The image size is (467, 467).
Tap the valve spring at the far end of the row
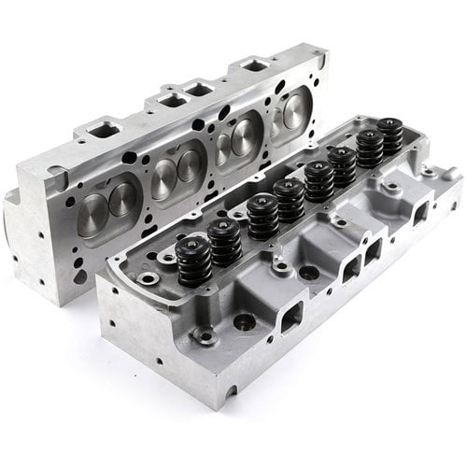pos(390,134)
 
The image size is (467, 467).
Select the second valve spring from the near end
pos(225,242)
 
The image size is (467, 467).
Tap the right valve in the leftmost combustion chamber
pos(122,197)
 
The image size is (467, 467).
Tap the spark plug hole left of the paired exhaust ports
pos(308,272)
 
